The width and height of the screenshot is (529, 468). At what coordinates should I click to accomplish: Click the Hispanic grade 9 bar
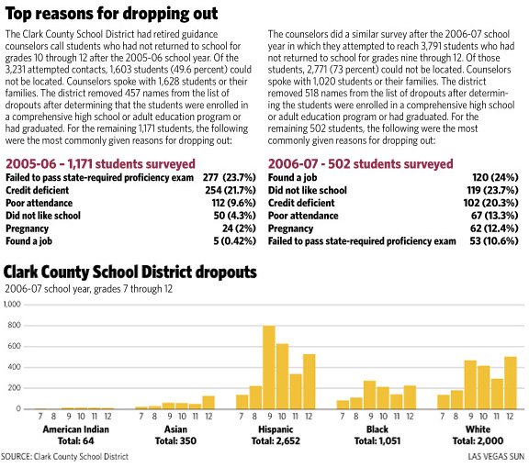pos(269,367)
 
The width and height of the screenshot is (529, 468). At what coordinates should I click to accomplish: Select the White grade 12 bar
pos(511,383)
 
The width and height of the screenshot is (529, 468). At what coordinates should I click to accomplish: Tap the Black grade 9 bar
pos(370,395)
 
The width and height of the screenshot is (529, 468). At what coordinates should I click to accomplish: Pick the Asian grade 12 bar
pos(208,403)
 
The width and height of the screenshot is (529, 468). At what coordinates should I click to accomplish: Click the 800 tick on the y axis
pos(14,325)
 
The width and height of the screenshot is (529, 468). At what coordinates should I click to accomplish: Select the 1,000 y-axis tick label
pos(12,304)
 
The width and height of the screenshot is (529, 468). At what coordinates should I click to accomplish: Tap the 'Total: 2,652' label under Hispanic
pos(276,440)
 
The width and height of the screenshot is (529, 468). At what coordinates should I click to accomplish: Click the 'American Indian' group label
pos(76,429)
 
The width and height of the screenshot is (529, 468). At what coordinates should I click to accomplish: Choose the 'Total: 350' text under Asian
pos(175,440)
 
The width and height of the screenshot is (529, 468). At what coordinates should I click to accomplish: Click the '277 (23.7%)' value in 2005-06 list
pos(229,177)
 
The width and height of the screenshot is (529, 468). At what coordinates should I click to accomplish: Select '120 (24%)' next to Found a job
pos(495,177)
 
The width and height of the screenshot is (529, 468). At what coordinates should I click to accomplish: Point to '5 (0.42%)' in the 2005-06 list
pos(234,241)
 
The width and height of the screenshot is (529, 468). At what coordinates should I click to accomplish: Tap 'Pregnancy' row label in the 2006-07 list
pos(290,228)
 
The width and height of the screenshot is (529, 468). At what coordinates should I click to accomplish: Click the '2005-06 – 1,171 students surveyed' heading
pos(100,164)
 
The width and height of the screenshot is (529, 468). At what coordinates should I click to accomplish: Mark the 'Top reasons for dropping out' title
pos(112,14)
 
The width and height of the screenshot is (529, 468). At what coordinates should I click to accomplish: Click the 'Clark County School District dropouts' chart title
pos(130,273)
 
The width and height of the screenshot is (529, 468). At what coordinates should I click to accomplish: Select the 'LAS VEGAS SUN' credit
pos(496,457)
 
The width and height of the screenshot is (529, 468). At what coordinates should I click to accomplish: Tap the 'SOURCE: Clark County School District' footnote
pos(64,457)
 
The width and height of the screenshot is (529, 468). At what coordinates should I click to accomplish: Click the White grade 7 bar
pos(444,402)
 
